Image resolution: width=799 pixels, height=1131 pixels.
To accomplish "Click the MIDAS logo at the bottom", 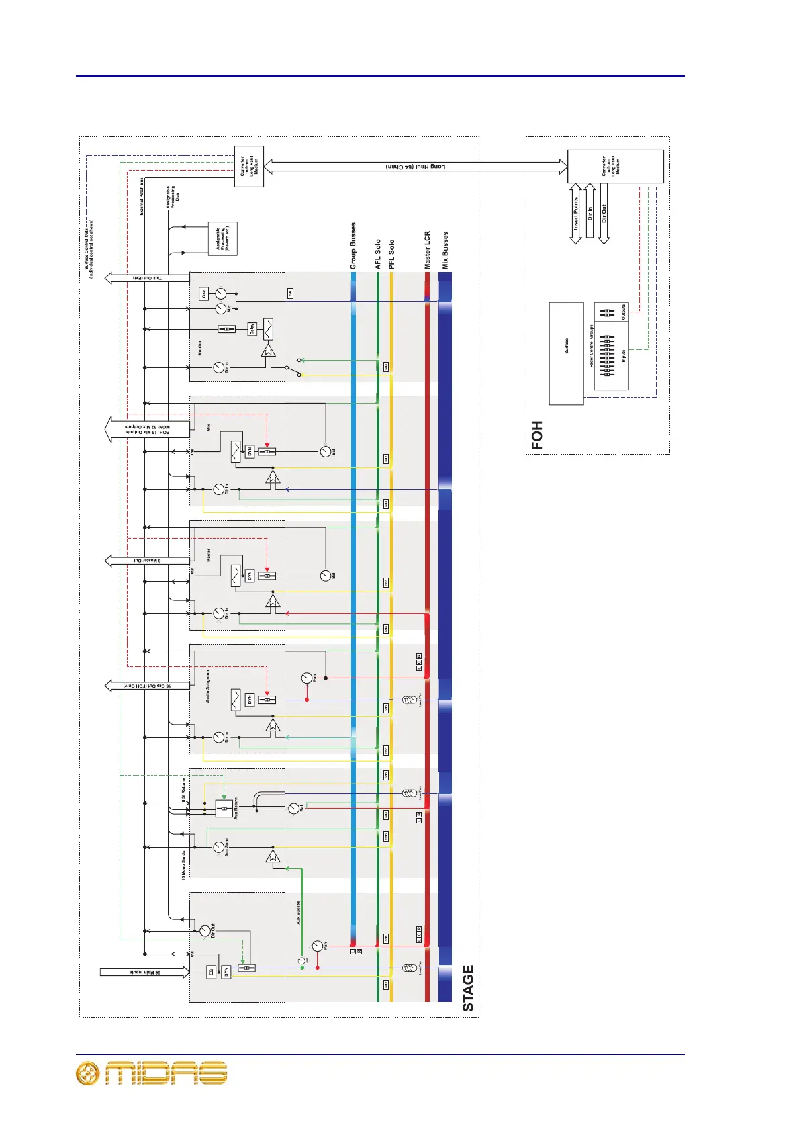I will tap(152, 1073).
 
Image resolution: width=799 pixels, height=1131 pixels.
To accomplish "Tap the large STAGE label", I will tap(468, 988).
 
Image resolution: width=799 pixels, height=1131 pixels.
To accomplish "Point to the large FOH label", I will tap(536, 435).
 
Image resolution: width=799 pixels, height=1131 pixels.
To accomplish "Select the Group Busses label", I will tap(354, 246).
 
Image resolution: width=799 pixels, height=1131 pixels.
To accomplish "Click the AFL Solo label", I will tap(378, 254).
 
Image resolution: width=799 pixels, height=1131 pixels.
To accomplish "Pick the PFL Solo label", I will tap(391, 254).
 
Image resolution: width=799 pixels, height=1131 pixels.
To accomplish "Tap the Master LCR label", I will tap(427, 251).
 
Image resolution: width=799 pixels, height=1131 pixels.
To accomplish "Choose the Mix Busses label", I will tap(444, 251).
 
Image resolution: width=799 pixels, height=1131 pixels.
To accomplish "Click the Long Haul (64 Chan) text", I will tap(416, 167).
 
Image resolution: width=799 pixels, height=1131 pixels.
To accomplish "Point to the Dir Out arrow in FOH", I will tap(604, 214).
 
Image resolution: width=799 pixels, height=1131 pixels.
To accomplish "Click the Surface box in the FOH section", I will tap(566, 353).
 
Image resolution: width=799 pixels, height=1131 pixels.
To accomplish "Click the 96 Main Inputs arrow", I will tap(144, 971).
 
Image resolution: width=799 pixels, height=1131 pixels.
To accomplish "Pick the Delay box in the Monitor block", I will tap(252, 329).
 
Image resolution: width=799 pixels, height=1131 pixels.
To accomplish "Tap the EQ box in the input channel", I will tap(211, 971).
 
